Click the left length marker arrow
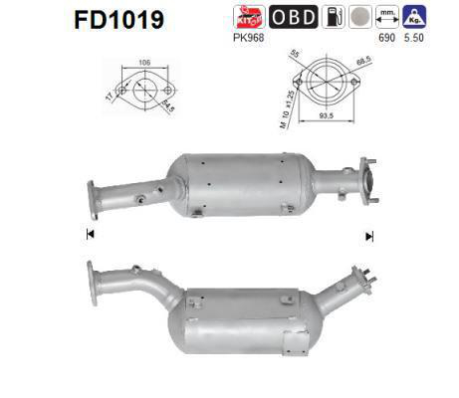tap(91, 235)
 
